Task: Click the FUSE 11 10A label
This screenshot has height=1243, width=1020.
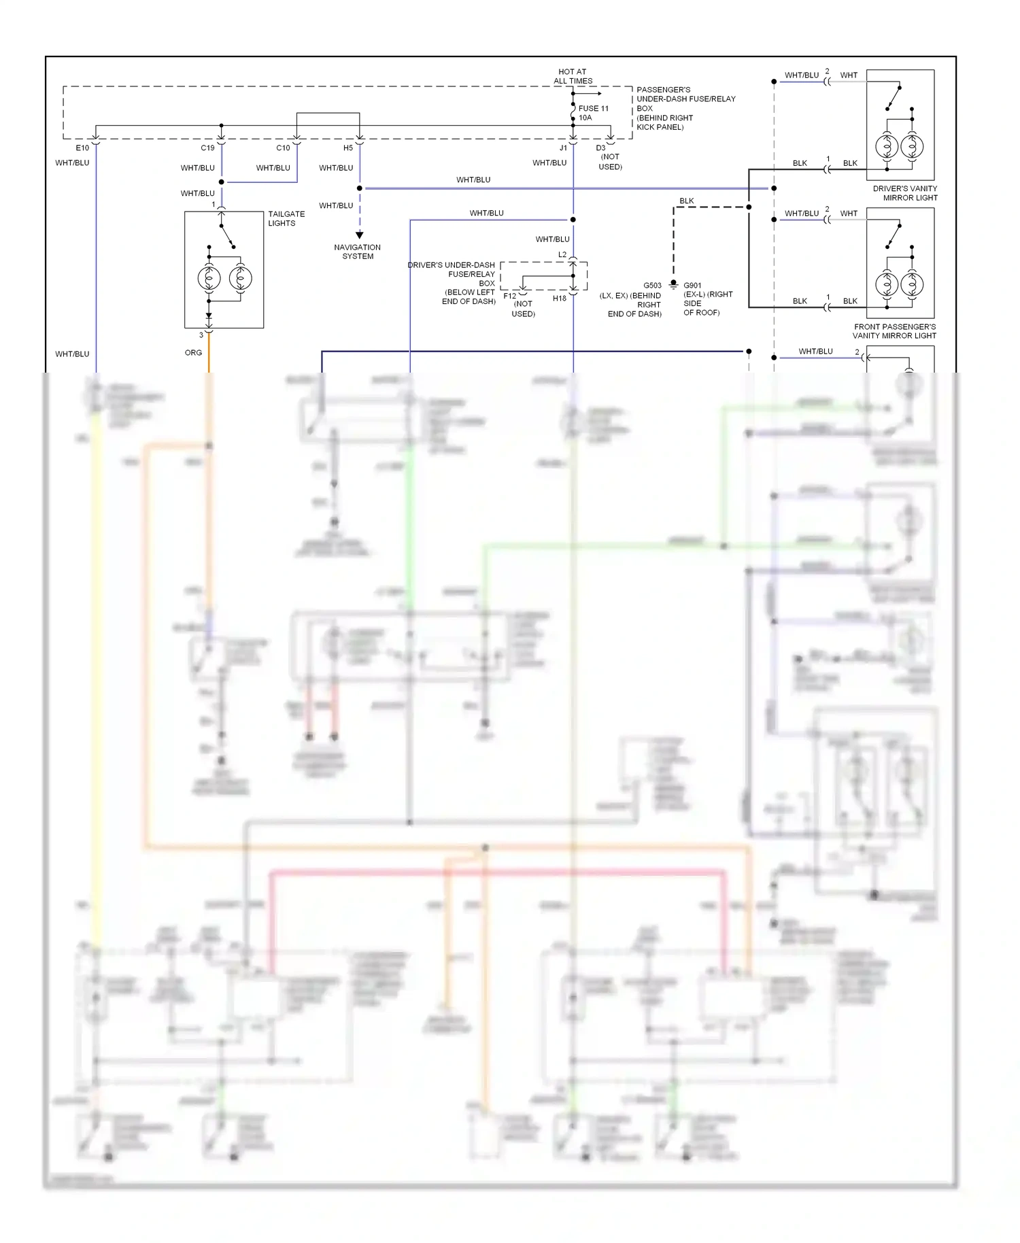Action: (593, 113)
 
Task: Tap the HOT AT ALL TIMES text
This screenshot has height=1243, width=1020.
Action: (573, 76)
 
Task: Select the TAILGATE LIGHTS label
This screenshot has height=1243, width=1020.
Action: (286, 218)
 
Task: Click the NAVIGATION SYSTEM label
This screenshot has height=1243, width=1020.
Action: (358, 252)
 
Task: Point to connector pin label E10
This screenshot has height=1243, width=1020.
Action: (82, 148)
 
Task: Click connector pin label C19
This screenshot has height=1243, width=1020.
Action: (207, 148)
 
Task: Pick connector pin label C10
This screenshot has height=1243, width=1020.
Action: (283, 148)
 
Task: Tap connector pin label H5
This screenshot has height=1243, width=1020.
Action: (348, 148)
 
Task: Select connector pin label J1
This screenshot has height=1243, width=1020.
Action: (563, 148)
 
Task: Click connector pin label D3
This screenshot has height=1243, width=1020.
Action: (600, 148)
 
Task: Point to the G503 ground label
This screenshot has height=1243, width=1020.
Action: (652, 286)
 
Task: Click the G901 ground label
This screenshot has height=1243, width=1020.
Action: (692, 286)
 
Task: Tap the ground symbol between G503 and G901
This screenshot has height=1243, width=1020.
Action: (673, 284)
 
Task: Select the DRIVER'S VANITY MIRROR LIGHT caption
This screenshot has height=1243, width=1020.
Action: (905, 193)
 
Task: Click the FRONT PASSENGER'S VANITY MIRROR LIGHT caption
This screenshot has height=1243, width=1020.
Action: (894, 331)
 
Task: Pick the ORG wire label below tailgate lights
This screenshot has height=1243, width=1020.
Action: (193, 353)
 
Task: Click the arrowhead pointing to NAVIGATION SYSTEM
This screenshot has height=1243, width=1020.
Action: (360, 235)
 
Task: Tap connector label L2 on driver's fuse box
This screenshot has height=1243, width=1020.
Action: (562, 255)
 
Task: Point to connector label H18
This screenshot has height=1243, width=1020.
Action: (559, 299)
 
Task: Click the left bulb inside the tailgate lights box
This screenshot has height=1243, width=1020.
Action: (209, 278)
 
